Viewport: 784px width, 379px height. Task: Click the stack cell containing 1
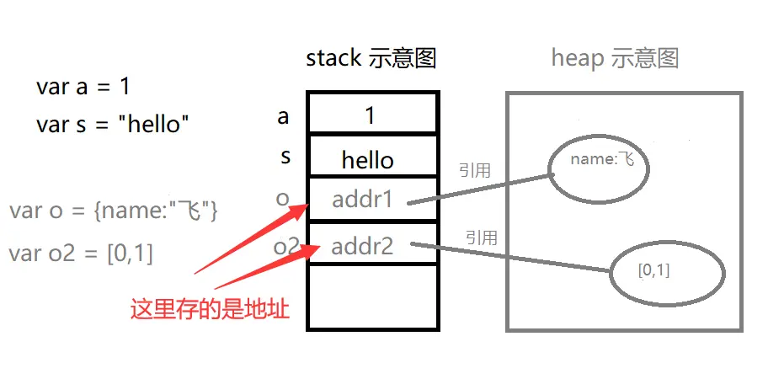pos(371,115)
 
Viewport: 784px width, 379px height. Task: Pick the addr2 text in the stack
pos(362,247)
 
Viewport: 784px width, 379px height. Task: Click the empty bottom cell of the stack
pos(371,296)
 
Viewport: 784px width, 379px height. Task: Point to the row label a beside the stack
pos(283,115)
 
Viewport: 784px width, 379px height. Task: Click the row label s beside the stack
pos(285,157)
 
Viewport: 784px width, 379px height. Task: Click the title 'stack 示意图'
pos(371,58)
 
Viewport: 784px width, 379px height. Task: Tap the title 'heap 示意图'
pos(615,58)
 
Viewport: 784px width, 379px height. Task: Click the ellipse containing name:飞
pos(600,168)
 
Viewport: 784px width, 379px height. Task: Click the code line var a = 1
pos(83,86)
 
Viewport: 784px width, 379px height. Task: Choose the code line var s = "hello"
pos(112,125)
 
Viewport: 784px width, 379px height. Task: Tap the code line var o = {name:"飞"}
pos(113,211)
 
